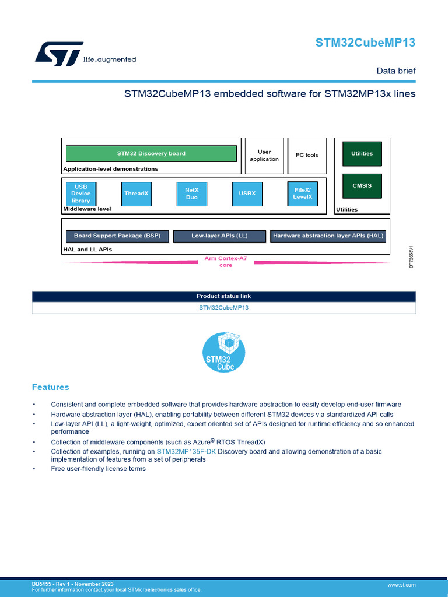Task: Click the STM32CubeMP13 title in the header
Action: (365, 43)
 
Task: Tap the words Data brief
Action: (395, 71)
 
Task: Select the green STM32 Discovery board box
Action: (151, 153)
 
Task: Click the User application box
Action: (264, 156)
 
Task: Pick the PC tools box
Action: (307, 156)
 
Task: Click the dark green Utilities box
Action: (362, 153)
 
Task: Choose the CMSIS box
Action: (362, 186)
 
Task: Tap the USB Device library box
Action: (81, 194)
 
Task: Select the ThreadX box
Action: (136, 194)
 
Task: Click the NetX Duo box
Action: (191, 194)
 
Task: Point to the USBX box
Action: (247, 194)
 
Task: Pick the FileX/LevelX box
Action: (302, 194)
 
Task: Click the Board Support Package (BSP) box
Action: (117, 236)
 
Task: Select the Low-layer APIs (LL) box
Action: (219, 236)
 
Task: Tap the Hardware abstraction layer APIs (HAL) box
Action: (328, 236)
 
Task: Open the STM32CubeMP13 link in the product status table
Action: (223, 308)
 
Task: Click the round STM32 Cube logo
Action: (223, 353)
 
